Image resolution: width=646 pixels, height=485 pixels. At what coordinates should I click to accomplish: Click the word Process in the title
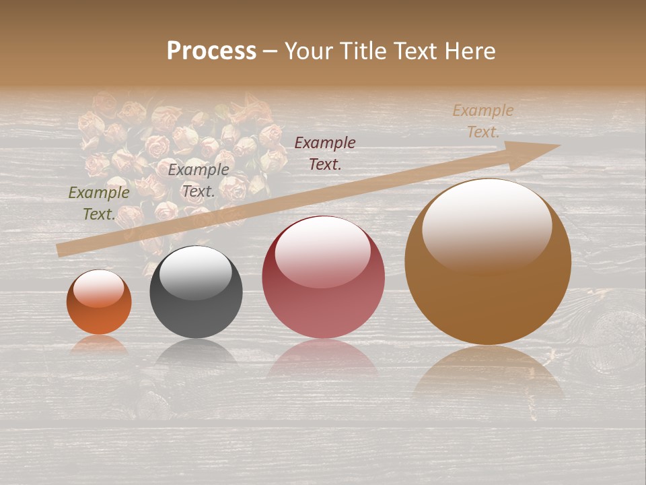point(211,51)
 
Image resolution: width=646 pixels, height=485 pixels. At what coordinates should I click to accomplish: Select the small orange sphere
point(99,302)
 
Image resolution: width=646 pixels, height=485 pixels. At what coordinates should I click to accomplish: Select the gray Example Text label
point(198,181)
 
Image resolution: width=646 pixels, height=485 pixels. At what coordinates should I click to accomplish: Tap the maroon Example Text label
point(325,153)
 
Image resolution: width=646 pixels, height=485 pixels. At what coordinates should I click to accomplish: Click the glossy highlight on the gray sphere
point(196,271)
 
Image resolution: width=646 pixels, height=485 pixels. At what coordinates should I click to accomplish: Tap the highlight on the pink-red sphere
point(322,251)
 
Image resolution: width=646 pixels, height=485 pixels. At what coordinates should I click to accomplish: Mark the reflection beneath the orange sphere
point(99,344)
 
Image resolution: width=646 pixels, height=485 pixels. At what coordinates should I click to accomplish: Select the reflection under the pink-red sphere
point(323,357)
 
